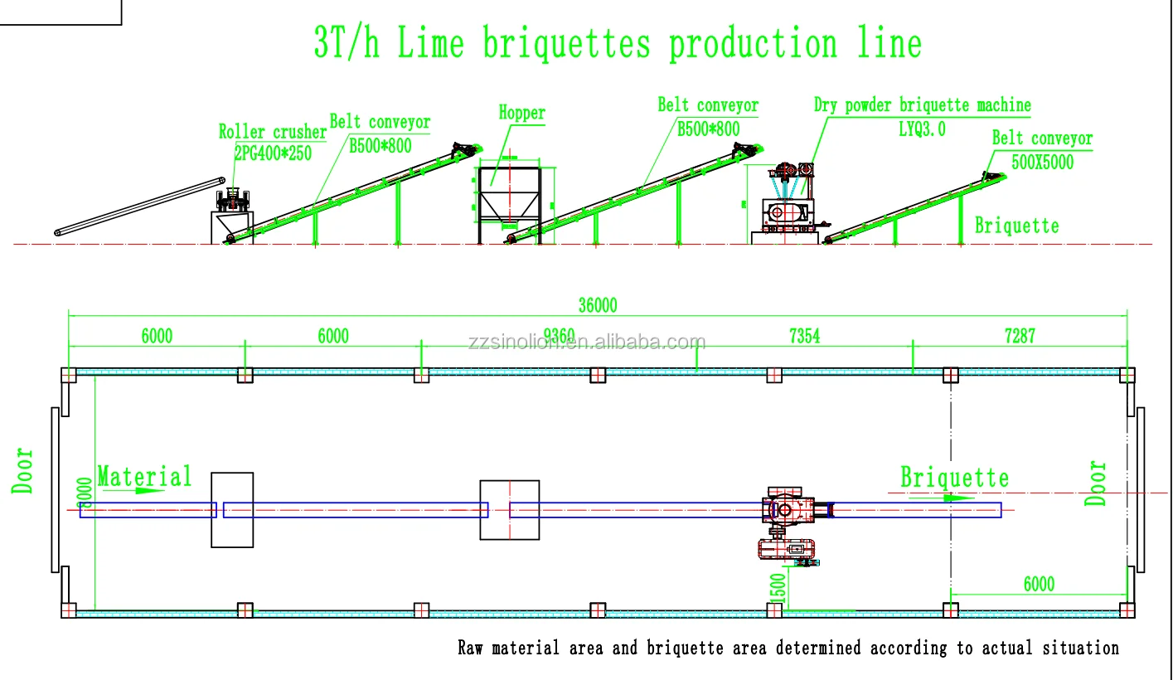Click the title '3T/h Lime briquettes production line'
point(617,43)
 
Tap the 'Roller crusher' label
point(272,132)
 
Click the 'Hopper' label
point(521,113)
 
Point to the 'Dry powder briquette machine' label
point(922,105)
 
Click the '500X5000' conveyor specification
point(1042,162)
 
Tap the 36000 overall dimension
point(597,305)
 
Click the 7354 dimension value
point(804,335)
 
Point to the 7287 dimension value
point(1019,335)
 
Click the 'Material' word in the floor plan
point(144,477)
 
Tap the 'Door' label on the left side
point(23,471)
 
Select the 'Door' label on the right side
point(1097,483)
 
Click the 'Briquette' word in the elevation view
point(1016,226)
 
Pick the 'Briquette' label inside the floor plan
point(954,478)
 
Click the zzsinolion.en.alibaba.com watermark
point(586,342)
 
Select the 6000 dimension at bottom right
point(1038,584)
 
